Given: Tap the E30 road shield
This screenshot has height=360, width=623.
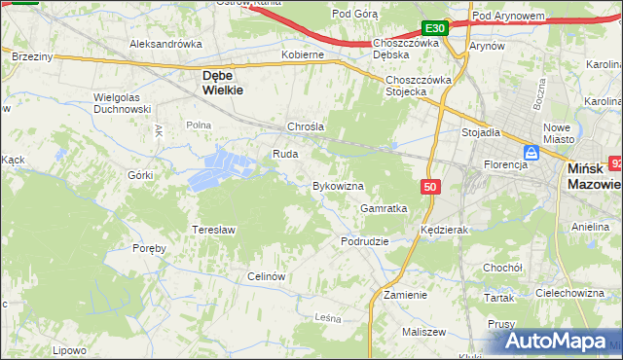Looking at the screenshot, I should coord(435,29).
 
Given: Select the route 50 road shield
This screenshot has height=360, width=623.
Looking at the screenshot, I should coord(430,186).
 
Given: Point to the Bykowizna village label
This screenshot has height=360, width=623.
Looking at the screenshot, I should coord(338,185).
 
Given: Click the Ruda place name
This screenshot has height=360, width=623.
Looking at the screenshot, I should coord(284,154).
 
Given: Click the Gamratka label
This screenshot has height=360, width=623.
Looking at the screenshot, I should coord(383,208).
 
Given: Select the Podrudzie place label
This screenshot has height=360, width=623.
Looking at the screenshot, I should coord(365,240).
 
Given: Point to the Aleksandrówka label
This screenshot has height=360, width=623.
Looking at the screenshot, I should coord(165,44).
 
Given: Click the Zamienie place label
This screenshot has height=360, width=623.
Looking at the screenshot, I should coord(405,294).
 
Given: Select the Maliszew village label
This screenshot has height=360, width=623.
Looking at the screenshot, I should coord(422,332).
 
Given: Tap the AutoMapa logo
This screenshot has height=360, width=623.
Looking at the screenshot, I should coord(560,341).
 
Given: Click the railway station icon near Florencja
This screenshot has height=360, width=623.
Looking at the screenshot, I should coord(531,153).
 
